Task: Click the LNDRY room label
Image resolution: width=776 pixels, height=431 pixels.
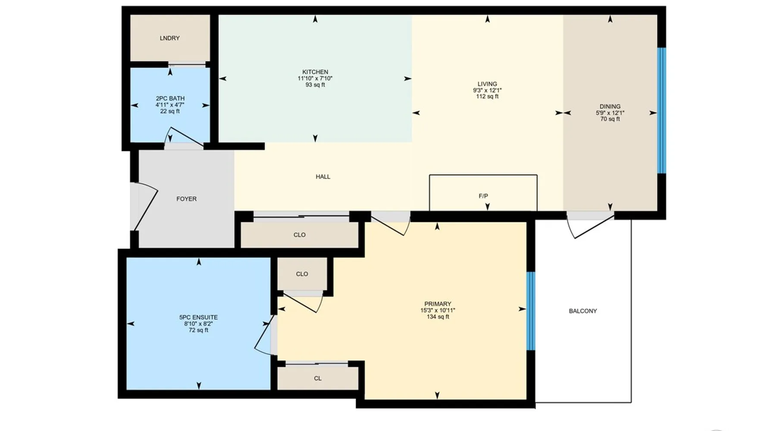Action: tap(169, 38)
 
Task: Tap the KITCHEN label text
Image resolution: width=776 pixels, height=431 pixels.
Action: tap(315, 72)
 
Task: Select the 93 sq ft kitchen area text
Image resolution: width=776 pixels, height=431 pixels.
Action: tap(315, 85)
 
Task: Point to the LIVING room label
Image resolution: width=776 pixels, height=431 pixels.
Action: tap(487, 84)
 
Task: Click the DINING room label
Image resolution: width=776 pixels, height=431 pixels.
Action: tap(610, 106)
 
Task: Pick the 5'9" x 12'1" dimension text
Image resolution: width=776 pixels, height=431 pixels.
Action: tap(610, 113)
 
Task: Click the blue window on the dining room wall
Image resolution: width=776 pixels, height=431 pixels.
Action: tap(661, 110)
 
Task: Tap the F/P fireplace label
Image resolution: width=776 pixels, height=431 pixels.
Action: tap(483, 196)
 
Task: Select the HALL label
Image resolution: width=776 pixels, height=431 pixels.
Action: tap(323, 177)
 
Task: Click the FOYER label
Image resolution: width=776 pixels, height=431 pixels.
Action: tap(186, 199)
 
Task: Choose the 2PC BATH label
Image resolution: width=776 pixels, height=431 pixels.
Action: tap(170, 99)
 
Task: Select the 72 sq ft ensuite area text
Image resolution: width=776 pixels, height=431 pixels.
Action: tap(198, 330)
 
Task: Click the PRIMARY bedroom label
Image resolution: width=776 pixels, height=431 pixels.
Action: tap(438, 304)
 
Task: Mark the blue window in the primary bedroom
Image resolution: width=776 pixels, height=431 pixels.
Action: tap(531, 311)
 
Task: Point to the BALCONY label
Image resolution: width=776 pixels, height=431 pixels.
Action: tap(583, 311)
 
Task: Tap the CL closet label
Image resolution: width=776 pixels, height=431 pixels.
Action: tap(318, 378)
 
